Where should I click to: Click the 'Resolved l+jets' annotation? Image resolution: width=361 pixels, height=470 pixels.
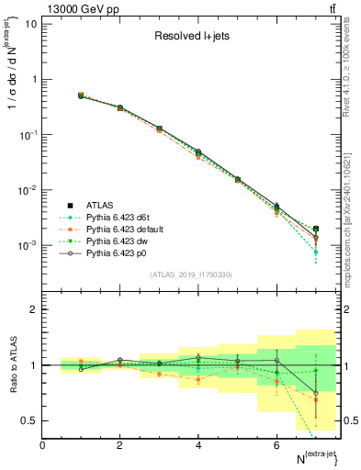[x=191, y=38]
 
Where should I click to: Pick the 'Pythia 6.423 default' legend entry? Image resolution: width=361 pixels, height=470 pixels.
[x=121, y=228]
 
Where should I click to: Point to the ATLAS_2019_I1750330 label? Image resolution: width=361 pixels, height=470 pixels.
[x=191, y=274]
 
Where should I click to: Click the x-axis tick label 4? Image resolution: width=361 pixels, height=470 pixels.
[x=198, y=445]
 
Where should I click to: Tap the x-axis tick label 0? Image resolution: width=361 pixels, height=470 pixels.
[x=43, y=445]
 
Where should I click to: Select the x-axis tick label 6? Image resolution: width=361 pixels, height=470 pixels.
[x=276, y=445]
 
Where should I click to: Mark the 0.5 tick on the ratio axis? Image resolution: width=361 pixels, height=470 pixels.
[x=29, y=420]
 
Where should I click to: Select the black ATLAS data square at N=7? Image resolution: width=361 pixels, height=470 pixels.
[x=315, y=229]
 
